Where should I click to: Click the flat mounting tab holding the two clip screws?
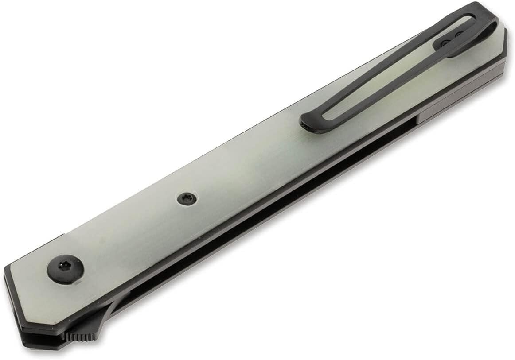(452, 40)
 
